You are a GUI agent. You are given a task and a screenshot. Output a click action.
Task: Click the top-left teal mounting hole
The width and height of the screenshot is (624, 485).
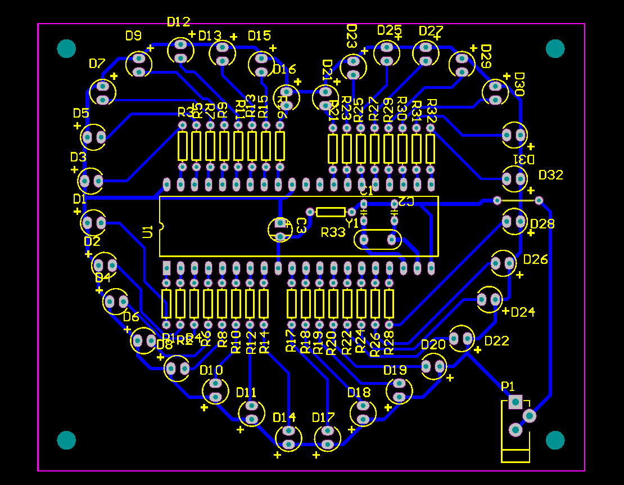click(x=66, y=48)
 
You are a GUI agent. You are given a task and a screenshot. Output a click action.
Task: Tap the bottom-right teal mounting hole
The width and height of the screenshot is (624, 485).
click(x=555, y=440)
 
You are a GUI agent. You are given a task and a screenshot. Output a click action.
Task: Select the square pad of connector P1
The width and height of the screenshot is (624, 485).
click(x=515, y=402)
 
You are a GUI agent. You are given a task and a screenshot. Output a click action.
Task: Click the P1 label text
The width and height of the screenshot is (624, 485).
click(x=508, y=386)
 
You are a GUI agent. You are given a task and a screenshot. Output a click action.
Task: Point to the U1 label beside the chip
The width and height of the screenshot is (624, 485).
click(x=148, y=231)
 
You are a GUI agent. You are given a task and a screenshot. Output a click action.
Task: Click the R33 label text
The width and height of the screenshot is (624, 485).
click(x=333, y=232)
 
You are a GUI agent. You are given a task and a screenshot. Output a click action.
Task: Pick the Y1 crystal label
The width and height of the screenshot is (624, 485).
click(x=352, y=223)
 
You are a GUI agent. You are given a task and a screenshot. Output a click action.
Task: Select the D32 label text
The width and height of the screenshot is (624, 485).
click(x=550, y=175)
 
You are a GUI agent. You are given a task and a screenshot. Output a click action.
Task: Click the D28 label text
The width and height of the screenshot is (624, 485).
click(x=542, y=224)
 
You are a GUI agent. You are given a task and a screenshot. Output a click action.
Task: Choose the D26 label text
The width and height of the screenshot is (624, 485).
click(x=535, y=259)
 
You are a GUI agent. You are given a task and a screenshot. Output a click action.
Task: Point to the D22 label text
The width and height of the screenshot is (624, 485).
click(x=496, y=341)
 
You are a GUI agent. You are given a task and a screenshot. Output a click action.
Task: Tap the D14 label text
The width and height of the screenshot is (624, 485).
click(x=284, y=417)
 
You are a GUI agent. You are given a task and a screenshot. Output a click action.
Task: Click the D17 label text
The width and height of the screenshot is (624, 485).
click(x=323, y=417)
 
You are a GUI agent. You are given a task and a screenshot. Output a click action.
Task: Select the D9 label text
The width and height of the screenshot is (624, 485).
click(x=133, y=36)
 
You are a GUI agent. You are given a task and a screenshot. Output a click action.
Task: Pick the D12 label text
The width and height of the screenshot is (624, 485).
click(x=179, y=22)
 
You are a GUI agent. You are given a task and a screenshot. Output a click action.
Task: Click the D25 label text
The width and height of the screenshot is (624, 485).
click(x=390, y=30)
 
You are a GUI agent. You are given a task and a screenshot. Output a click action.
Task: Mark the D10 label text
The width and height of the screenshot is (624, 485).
click(x=211, y=370)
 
